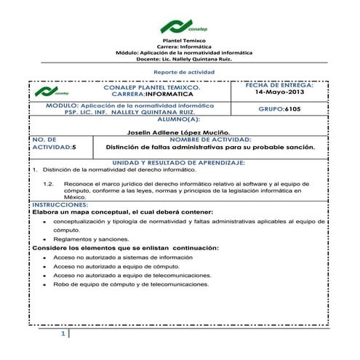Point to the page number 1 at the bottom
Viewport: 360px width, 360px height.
pyautogui.click(x=63, y=334)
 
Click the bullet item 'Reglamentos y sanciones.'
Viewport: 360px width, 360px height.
pyautogui.click(x=91, y=239)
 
